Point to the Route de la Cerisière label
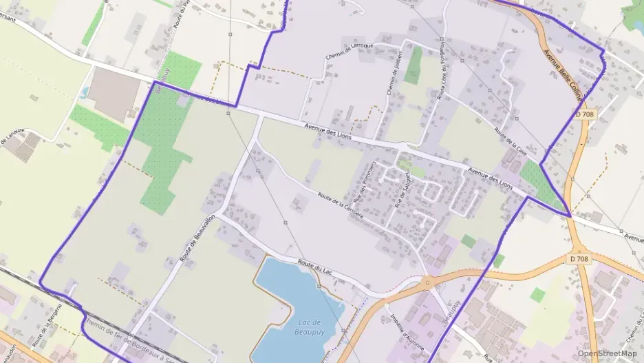pyautogui.click(x=341, y=205)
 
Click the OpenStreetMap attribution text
pyautogui.click(x=608, y=353)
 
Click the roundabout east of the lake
pyautogui.click(x=427, y=281)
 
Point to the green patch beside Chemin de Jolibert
pyautogui.click(x=414, y=65)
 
